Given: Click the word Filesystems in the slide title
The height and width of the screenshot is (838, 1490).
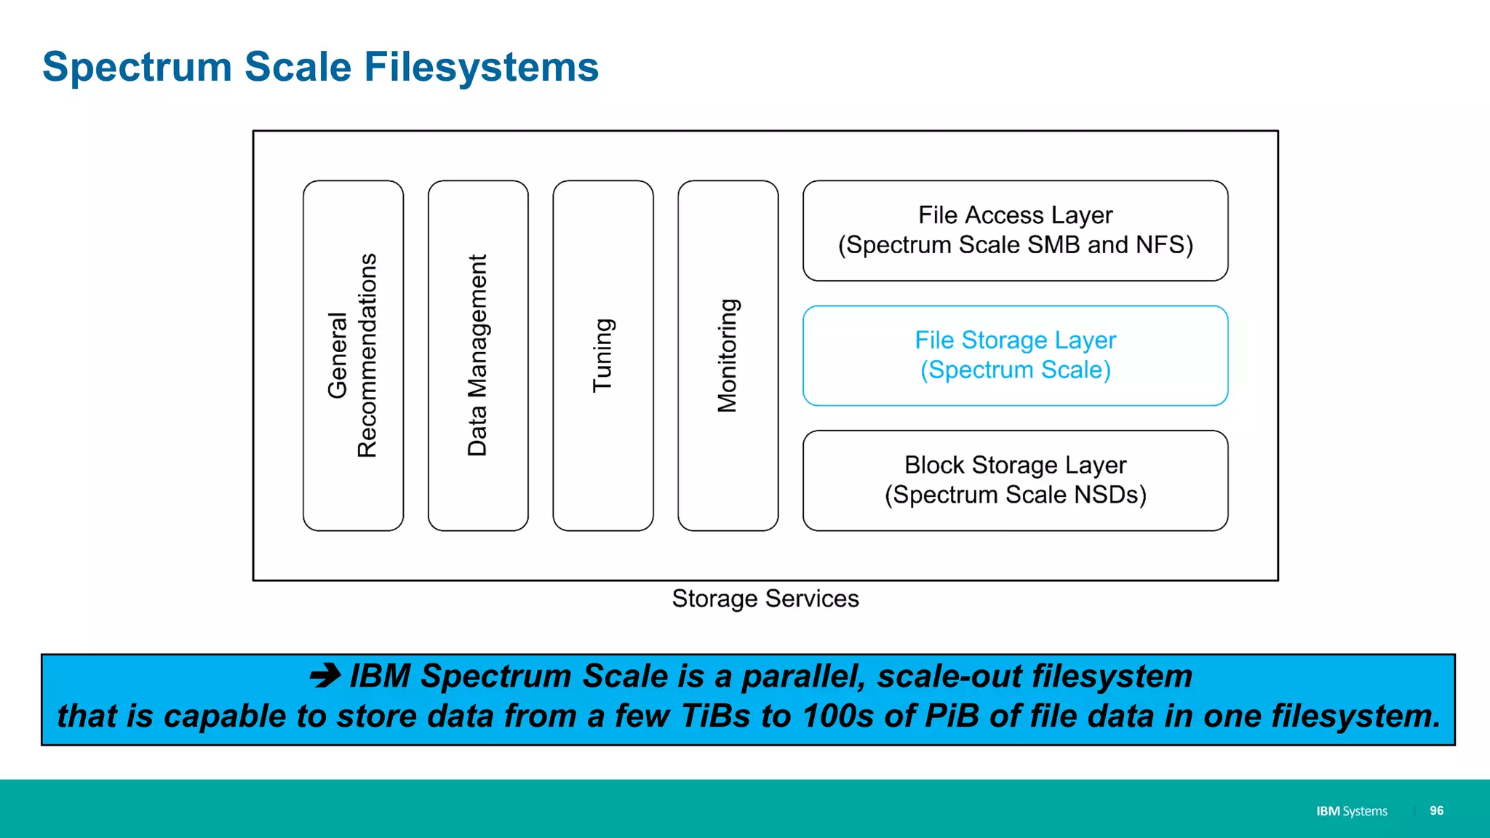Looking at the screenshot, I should click(481, 67).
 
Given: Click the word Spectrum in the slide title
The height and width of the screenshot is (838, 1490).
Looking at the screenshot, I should click(137, 67).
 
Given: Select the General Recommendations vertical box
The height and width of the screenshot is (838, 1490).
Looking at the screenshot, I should click(353, 356).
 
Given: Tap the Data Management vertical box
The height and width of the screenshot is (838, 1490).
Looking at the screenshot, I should click(478, 356).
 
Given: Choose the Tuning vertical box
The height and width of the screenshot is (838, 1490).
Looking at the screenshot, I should click(603, 356).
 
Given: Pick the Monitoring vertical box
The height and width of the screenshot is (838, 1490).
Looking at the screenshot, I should click(728, 356).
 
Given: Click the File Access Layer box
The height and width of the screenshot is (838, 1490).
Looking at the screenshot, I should click(1015, 230).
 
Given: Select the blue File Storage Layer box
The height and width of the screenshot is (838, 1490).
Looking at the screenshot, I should click(1015, 355).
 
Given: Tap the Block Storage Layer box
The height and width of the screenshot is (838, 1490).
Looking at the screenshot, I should click(1015, 480).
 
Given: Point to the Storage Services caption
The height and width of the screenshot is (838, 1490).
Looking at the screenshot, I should click(765, 599).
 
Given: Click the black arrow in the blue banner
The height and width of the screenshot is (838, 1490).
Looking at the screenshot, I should click(325, 676).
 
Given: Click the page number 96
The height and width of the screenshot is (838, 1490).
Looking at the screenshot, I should click(1436, 810).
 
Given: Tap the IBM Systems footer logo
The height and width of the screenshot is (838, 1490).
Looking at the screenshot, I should click(1351, 811).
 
